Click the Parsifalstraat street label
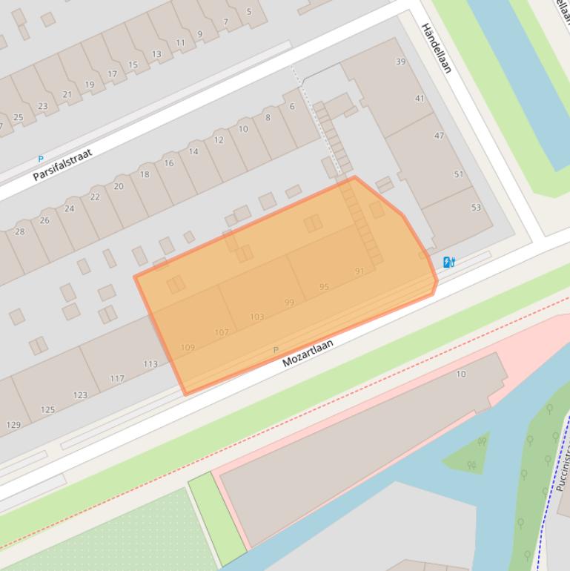point(62,165)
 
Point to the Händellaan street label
point(436,48)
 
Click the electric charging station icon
point(448,262)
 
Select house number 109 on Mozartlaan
point(188,347)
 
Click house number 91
point(359,271)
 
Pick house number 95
point(324,287)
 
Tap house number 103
point(256,317)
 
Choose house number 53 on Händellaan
point(476,208)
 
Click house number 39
point(401,62)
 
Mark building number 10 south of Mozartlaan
point(461,374)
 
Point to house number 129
point(13,425)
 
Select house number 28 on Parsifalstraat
point(20,231)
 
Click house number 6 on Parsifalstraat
point(292,106)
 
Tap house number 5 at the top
point(248,11)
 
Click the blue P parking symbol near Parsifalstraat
point(40,159)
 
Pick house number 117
point(117,378)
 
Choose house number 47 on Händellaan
point(439,136)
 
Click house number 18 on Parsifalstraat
point(144,174)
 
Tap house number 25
point(19,117)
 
